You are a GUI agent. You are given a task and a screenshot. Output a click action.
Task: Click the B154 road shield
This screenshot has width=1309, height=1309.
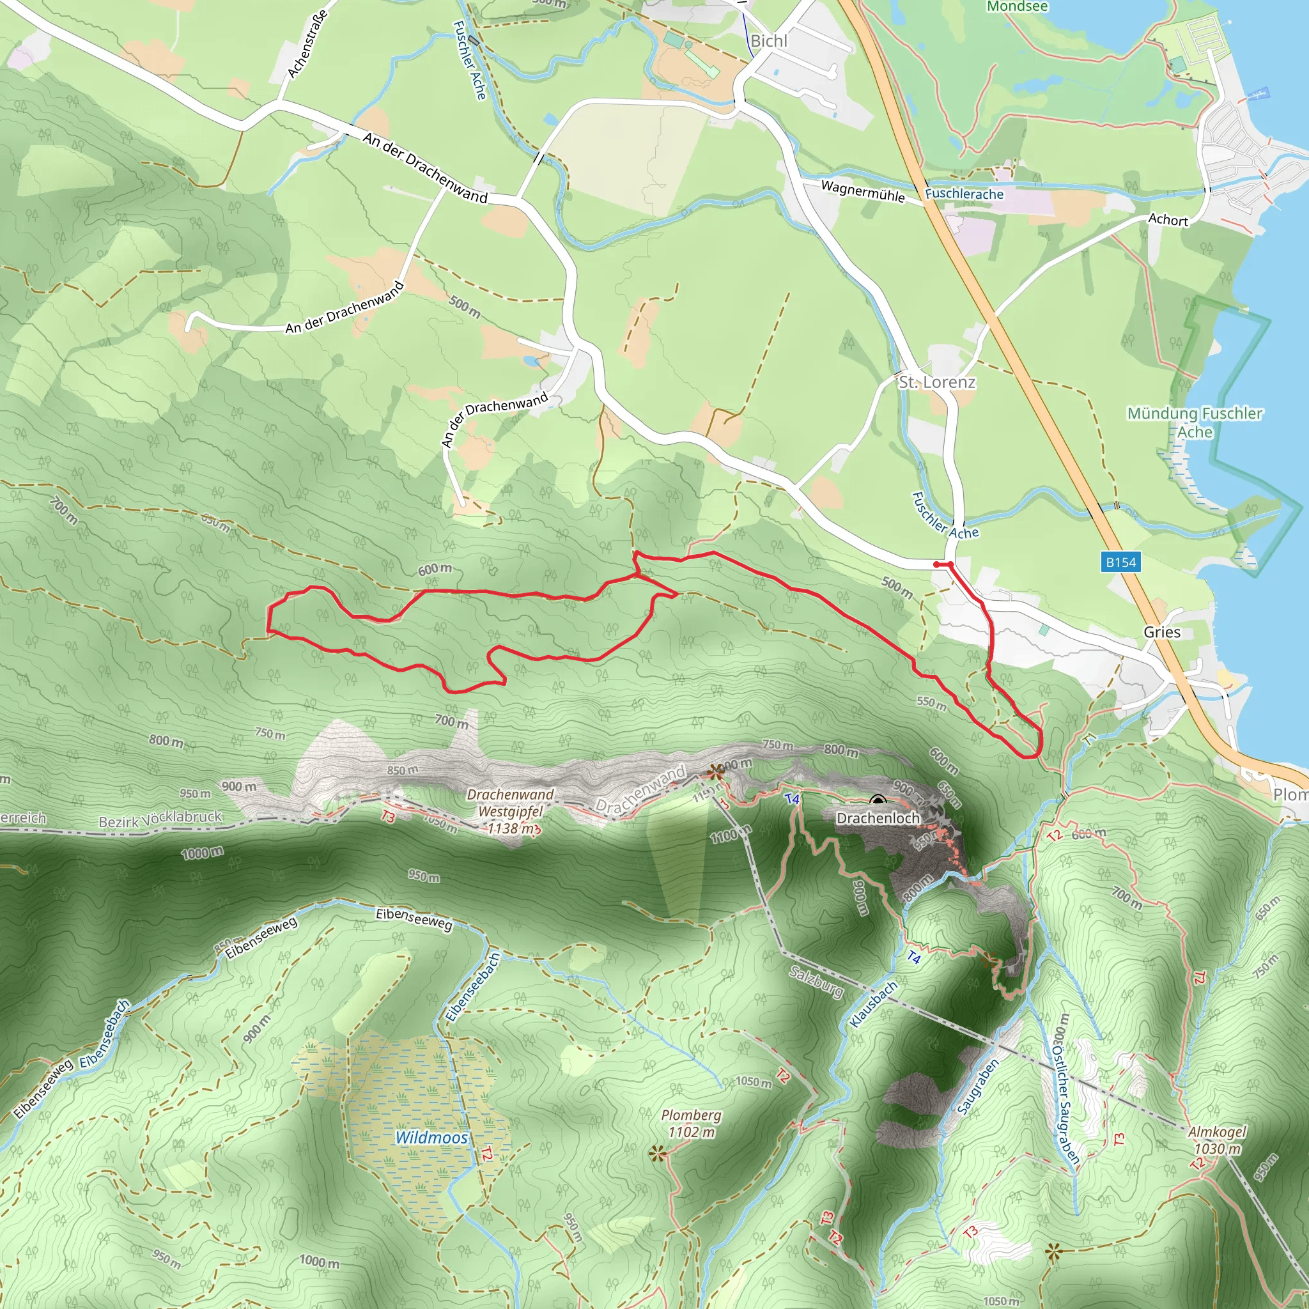(x=1120, y=562)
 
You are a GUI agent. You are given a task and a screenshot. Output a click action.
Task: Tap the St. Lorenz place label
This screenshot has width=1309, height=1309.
(x=937, y=382)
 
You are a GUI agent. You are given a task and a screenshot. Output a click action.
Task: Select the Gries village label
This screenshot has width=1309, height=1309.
(x=1162, y=631)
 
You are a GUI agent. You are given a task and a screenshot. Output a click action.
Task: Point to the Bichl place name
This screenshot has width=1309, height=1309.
(x=769, y=41)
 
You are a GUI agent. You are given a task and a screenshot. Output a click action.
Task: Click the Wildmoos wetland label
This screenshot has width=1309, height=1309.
(x=431, y=1138)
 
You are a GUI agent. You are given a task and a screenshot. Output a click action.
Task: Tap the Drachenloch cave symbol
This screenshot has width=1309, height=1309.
(x=878, y=802)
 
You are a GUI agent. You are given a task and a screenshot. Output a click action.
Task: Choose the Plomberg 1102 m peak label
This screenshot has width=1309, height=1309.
(x=691, y=1124)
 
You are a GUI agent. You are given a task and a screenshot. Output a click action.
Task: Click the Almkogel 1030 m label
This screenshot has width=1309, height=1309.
(x=1218, y=1140)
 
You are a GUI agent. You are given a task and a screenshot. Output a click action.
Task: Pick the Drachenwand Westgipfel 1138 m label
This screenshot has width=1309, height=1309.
(x=510, y=811)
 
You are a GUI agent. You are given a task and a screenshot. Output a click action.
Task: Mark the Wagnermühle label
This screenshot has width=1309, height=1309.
(x=862, y=191)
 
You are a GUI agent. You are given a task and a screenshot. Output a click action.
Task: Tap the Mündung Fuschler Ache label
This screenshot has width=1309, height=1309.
(x=1195, y=422)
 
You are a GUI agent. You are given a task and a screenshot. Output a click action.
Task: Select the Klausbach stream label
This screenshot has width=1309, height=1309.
(x=873, y=1003)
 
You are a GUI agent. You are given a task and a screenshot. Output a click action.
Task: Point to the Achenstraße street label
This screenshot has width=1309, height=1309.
(x=307, y=43)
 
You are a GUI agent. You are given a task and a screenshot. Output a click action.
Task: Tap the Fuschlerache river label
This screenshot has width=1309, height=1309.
(x=964, y=194)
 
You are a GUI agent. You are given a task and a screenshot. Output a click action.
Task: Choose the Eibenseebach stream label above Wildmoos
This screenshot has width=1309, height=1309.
(x=472, y=986)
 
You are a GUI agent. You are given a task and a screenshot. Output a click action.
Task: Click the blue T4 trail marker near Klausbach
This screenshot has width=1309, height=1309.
(x=914, y=957)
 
